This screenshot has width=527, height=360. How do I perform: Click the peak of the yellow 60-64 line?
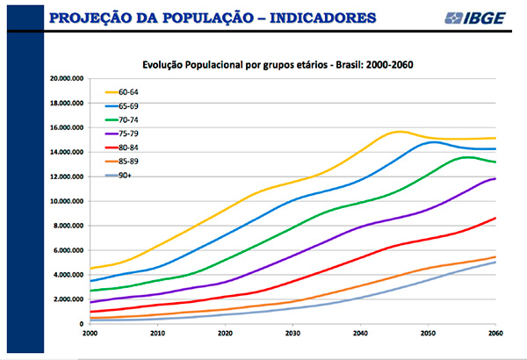coord(400,131)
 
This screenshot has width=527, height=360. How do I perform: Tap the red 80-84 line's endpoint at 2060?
coord(495,218)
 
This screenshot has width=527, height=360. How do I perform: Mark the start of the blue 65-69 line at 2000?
coord(90,281)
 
